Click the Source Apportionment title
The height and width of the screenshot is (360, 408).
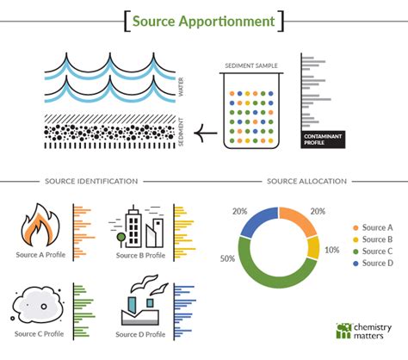(204, 20)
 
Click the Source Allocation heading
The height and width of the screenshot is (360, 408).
(307, 182)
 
